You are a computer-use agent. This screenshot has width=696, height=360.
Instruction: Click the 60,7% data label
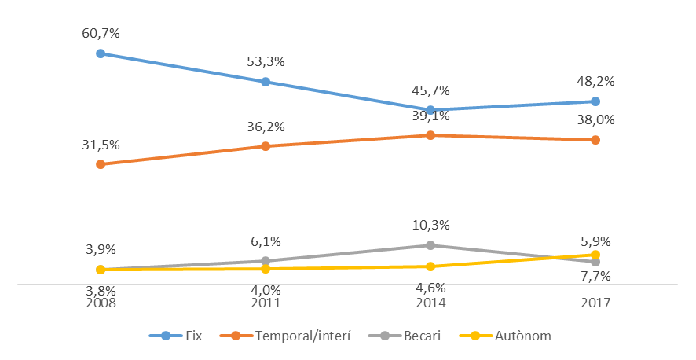point(101,34)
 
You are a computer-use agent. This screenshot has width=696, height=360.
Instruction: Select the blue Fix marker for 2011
point(266,82)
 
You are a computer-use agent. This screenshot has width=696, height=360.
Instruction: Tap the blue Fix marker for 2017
point(595,101)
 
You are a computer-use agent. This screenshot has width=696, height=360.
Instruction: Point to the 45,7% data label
point(430,90)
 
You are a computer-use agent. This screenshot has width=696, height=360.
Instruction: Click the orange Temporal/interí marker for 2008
point(101,164)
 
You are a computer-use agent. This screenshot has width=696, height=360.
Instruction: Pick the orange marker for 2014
point(430,135)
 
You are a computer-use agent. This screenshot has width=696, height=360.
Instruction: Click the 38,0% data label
point(595,120)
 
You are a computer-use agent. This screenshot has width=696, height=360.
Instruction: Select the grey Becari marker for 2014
point(430,245)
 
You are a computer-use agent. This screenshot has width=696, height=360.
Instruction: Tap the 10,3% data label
point(430,226)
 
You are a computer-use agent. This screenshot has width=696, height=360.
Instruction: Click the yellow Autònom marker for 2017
point(595,255)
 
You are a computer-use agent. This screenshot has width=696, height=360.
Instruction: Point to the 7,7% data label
point(595,277)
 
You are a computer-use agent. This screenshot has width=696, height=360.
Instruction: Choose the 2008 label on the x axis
point(101,302)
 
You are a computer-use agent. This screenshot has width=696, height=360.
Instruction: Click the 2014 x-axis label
point(430,302)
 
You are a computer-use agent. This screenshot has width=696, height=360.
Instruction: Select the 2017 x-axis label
point(595,302)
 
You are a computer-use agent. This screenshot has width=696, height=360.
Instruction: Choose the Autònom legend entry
point(511,336)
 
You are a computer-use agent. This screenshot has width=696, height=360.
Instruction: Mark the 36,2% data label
point(266,127)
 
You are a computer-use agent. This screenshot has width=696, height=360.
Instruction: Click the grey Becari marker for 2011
point(266,261)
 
